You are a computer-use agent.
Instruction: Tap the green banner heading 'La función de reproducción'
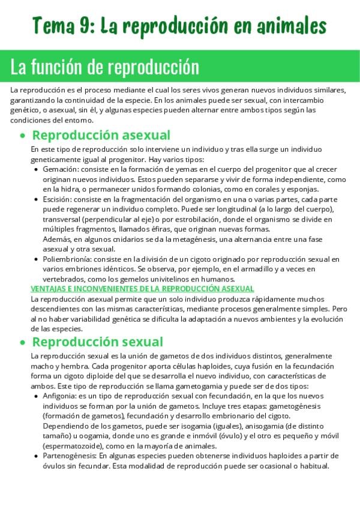coord(104,67)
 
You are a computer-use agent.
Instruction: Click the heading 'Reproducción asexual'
coord(101,135)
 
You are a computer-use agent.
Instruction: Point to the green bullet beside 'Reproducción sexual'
coord(23,343)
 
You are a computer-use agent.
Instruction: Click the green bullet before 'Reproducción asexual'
coord(23,136)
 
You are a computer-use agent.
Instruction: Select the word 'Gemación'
coord(59,170)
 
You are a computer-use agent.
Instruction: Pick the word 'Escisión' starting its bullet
coord(58,199)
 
